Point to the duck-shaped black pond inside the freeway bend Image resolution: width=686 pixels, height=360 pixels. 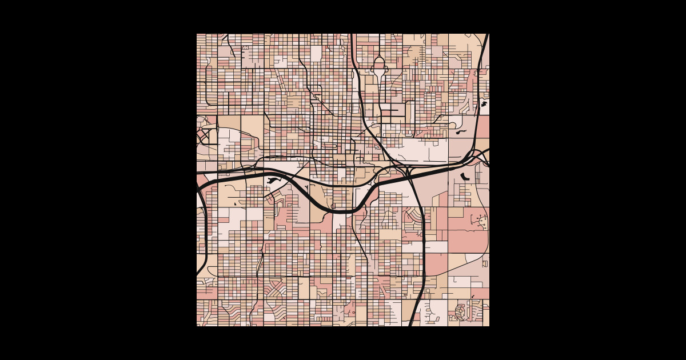point(272,181)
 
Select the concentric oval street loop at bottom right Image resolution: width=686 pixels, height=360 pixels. point(460,312)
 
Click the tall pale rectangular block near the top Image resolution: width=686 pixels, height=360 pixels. point(316,53)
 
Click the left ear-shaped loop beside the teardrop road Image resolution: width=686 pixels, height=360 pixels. point(372,70)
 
